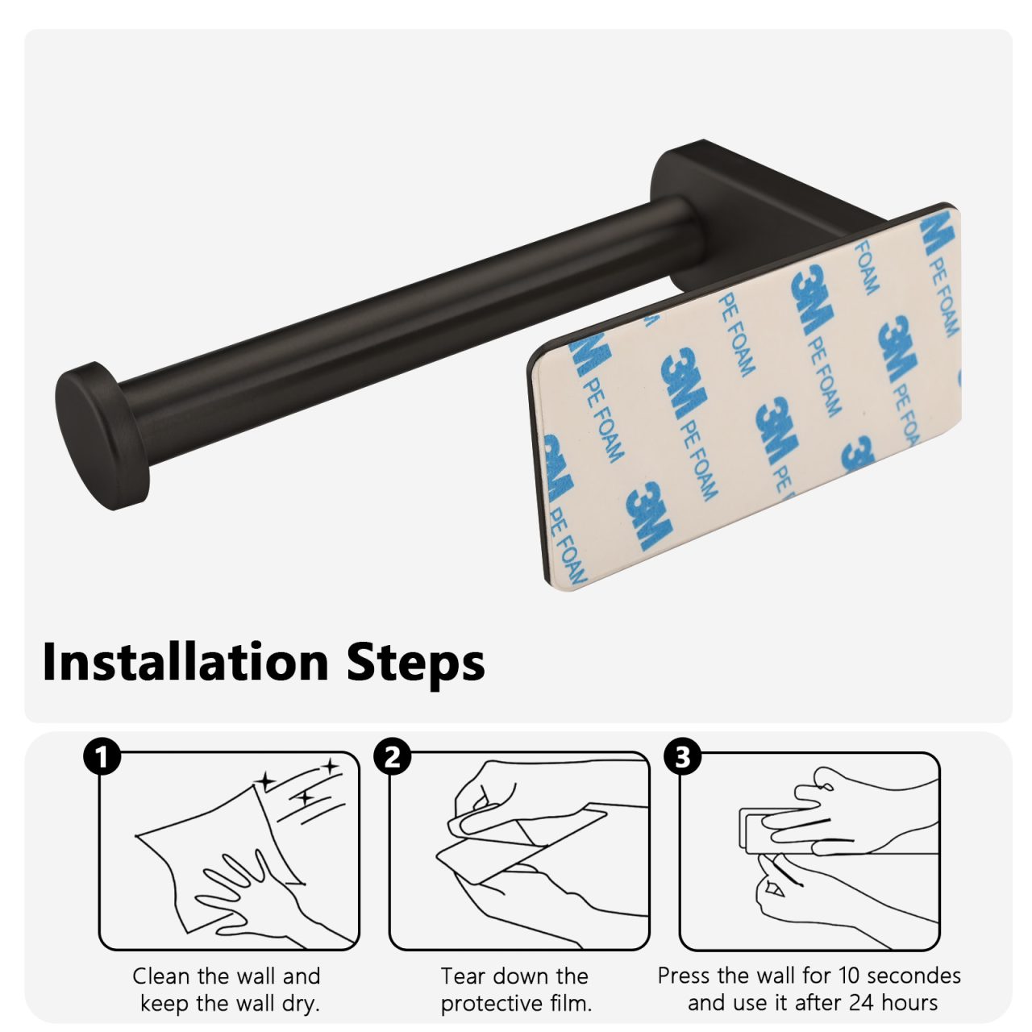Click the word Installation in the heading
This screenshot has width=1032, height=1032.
[x=185, y=661]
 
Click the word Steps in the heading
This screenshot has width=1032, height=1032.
[x=415, y=664]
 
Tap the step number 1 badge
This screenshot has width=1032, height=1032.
[x=102, y=757]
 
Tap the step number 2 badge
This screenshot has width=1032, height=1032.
[x=392, y=757]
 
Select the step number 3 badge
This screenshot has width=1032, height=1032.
[x=682, y=757]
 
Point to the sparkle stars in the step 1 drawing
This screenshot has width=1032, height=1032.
[x=300, y=783]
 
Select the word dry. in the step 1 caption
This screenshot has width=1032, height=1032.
[x=300, y=1003]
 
